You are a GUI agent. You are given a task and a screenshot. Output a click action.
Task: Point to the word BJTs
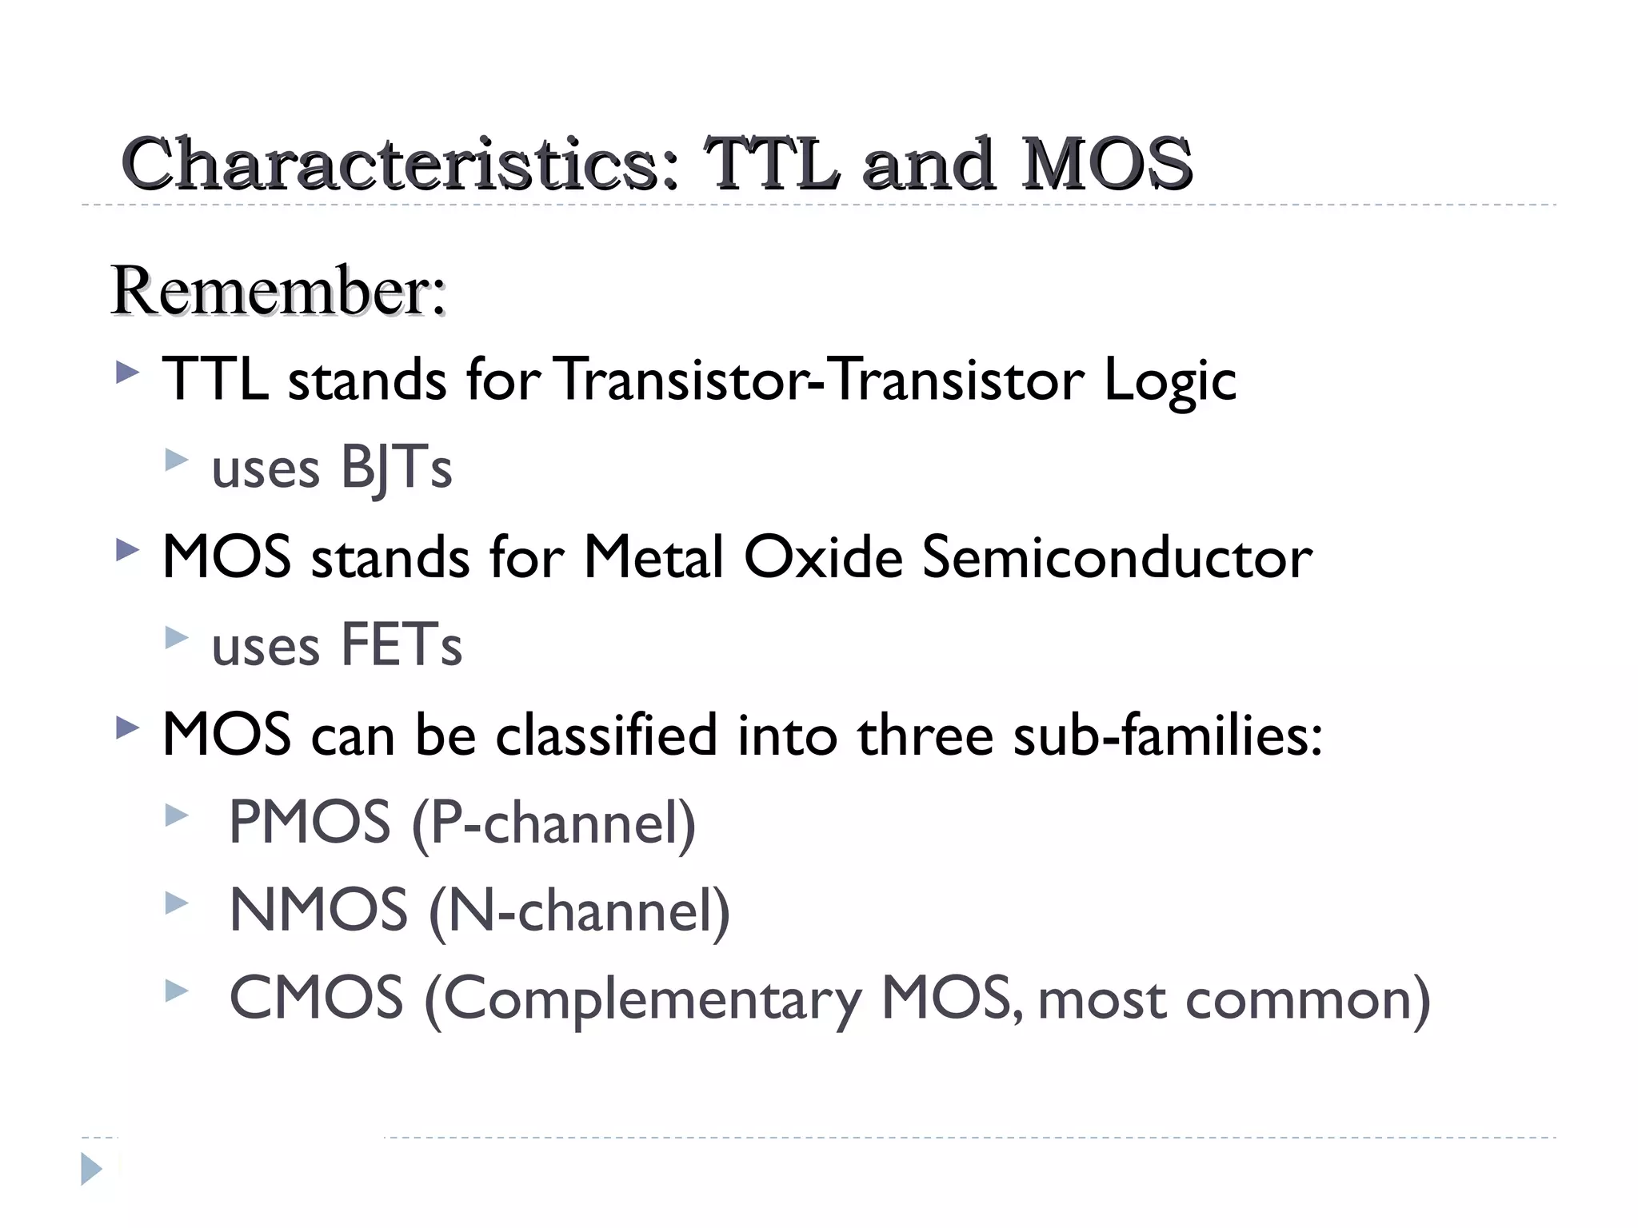coord(396,468)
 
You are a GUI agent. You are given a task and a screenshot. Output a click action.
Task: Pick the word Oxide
coord(823,557)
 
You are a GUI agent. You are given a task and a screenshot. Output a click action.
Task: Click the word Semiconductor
coord(1117,557)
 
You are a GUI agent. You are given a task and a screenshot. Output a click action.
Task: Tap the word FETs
coord(402,645)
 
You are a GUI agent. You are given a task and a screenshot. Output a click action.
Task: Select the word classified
coord(606,735)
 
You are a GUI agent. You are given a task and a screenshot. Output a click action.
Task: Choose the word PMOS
coord(310,823)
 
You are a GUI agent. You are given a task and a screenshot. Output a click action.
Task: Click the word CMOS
coord(316,999)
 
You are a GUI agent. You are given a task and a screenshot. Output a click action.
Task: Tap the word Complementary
coord(652,1001)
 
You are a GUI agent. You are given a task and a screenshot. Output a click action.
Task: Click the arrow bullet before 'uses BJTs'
coord(176,460)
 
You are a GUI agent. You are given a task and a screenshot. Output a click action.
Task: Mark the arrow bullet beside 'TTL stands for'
coord(127,373)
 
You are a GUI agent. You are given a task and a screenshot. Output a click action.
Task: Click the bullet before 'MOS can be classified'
coord(127,728)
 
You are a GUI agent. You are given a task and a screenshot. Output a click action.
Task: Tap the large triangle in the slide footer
coord(91,1169)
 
